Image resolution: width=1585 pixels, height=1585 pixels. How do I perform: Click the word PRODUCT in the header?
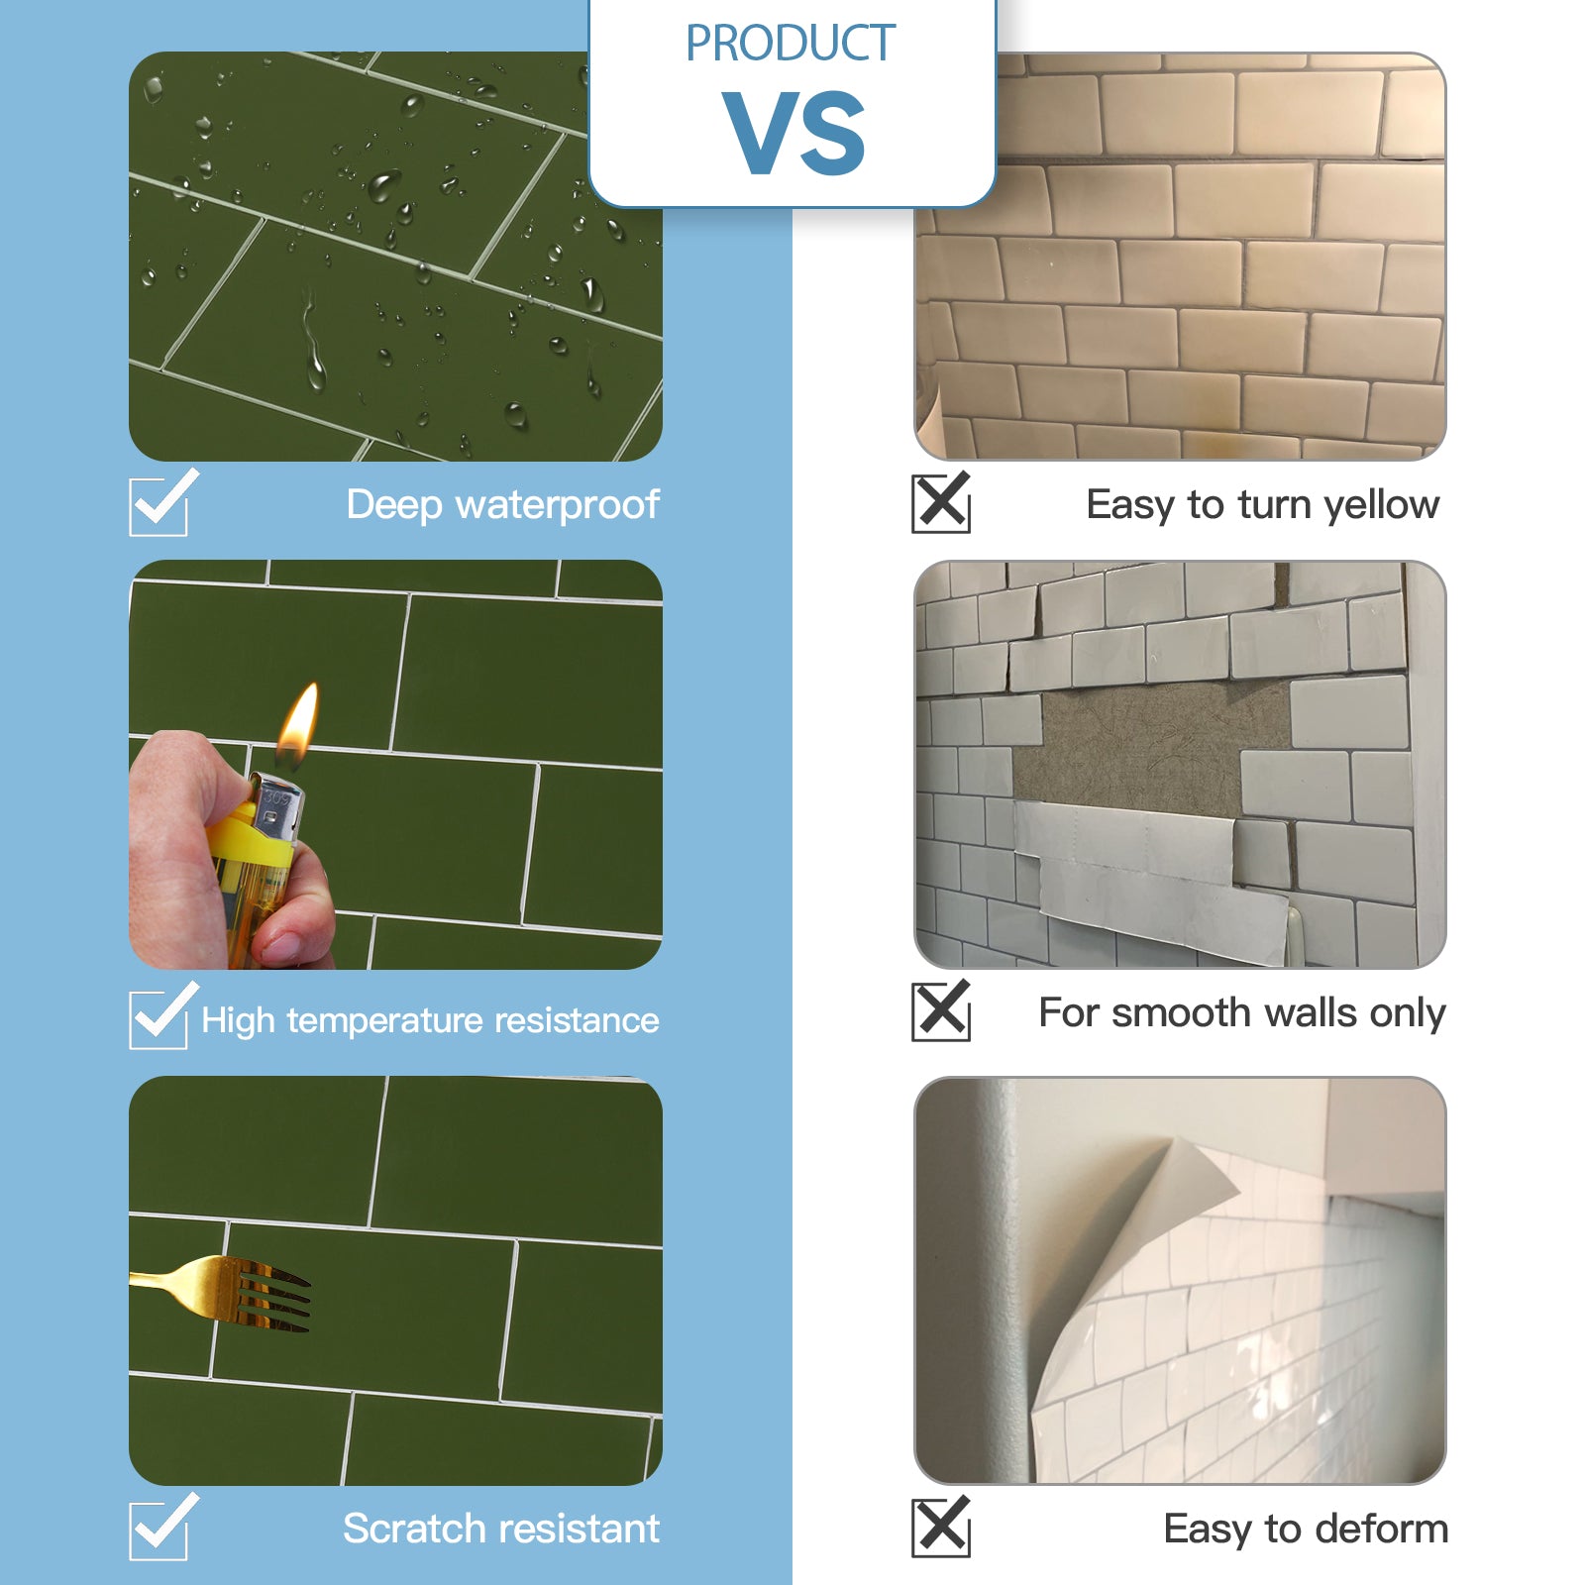click(791, 44)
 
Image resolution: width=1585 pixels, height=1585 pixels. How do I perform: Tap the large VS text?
click(794, 133)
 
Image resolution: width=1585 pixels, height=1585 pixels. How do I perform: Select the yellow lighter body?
click(254, 872)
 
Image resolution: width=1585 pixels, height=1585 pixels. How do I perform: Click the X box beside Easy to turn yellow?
click(941, 503)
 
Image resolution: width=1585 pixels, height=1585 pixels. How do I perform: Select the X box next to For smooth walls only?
click(941, 1011)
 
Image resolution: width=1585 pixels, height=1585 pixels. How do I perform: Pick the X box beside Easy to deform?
click(941, 1527)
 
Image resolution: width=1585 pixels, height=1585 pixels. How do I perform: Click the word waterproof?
click(557, 505)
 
